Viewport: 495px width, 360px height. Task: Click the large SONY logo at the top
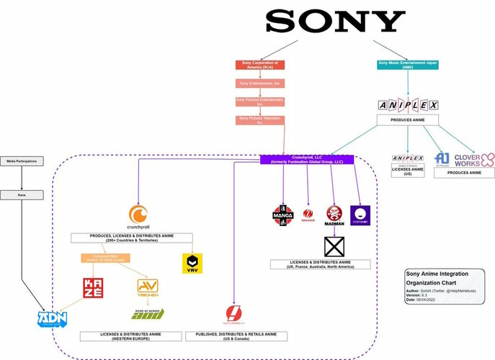(x=336, y=21)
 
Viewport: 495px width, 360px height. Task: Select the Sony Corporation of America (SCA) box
(x=260, y=65)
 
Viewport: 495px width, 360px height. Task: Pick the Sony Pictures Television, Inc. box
(x=260, y=120)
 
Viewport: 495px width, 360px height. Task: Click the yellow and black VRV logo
(x=192, y=261)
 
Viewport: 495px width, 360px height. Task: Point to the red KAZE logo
(x=98, y=289)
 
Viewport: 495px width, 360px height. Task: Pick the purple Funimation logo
(x=359, y=214)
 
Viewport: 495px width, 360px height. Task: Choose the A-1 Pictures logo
(x=442, y=158)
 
